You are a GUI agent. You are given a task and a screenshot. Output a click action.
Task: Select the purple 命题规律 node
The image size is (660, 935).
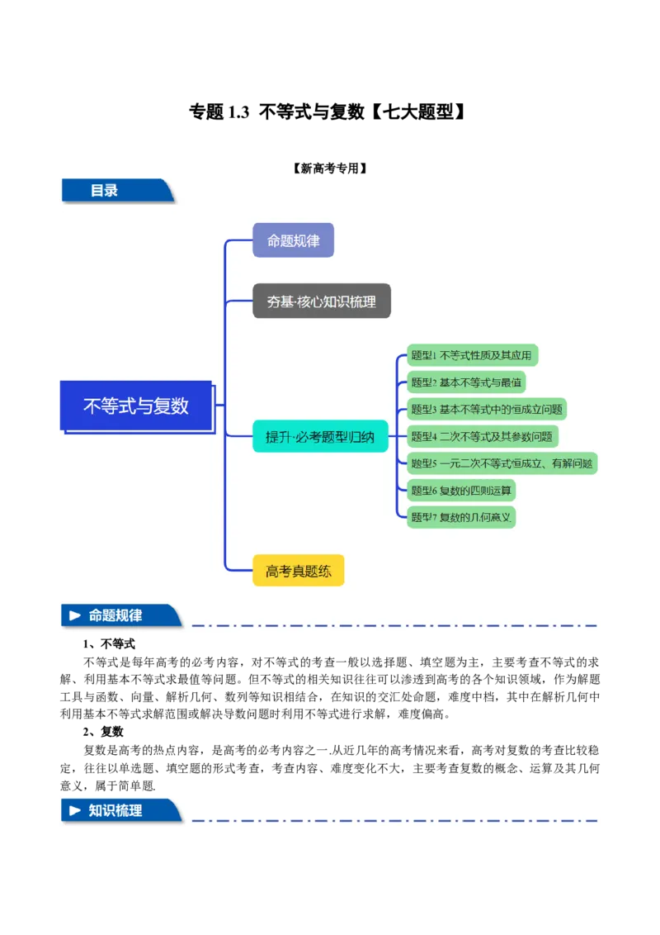293,240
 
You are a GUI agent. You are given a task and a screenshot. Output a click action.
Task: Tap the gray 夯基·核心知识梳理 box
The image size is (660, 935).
321,301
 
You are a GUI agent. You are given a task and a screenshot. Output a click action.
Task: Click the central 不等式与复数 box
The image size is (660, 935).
136,406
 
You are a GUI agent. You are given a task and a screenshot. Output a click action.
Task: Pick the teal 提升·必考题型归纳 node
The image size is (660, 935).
319,437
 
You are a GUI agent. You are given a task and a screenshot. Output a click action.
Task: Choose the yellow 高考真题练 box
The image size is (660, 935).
298,571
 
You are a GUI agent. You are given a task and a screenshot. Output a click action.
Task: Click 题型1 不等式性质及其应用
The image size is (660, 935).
472,356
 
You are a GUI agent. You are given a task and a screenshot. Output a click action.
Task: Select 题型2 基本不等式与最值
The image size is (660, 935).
466,382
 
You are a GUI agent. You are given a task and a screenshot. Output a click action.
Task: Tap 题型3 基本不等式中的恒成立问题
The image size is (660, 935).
487,410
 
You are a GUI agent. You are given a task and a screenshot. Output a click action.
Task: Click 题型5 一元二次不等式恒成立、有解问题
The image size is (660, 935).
502,463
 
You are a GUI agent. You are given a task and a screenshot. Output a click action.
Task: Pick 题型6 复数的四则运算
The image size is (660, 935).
461,491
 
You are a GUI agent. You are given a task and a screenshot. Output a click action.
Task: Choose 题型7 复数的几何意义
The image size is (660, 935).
461,517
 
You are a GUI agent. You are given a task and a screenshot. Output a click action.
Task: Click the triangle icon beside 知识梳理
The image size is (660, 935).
75,810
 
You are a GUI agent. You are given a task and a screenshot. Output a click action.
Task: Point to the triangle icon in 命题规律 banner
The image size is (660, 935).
75,616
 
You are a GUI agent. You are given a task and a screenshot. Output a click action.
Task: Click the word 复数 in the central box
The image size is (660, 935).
172,406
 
